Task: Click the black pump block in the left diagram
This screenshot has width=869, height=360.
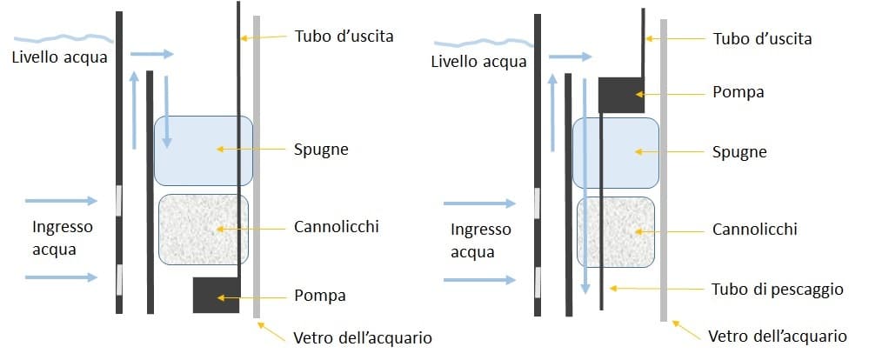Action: (x=215, y=296)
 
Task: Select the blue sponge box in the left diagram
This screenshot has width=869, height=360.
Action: (x=203, y=150)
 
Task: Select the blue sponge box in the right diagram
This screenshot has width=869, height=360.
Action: (x=615, y=153)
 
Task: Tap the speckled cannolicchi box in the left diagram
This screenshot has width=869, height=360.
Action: (x=203, y=230)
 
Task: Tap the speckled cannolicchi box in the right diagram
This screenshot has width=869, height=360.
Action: (x=615, y=231)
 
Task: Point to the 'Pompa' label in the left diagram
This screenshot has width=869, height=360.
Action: (x=320, y=296)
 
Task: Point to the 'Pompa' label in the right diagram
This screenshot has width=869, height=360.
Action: (x=739, y=91)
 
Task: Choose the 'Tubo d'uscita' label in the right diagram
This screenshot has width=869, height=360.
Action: (x=762, y=39)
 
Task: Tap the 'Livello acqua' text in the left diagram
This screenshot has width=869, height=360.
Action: (x=59, y=58)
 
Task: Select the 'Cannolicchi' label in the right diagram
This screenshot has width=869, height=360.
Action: (x=755, y=230)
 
